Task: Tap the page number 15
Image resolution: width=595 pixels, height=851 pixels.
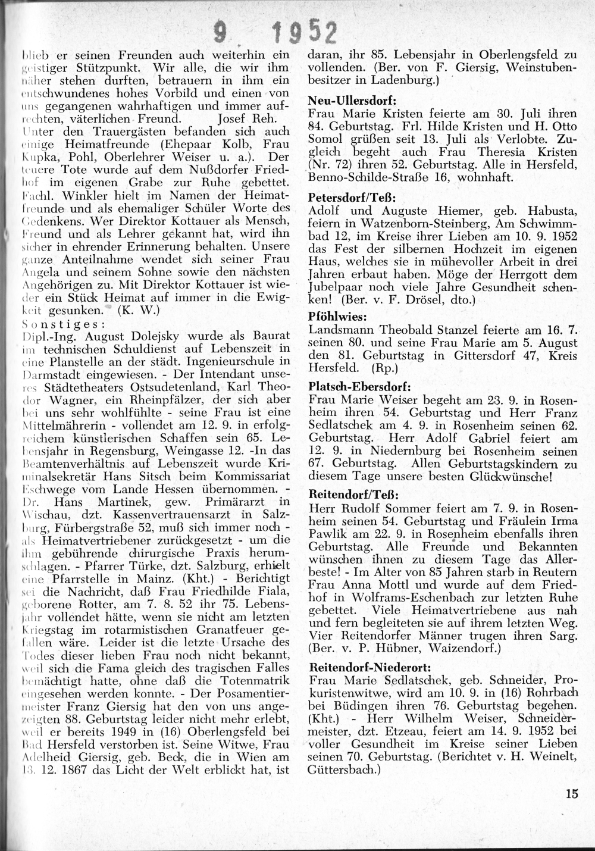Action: coord(572,793)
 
